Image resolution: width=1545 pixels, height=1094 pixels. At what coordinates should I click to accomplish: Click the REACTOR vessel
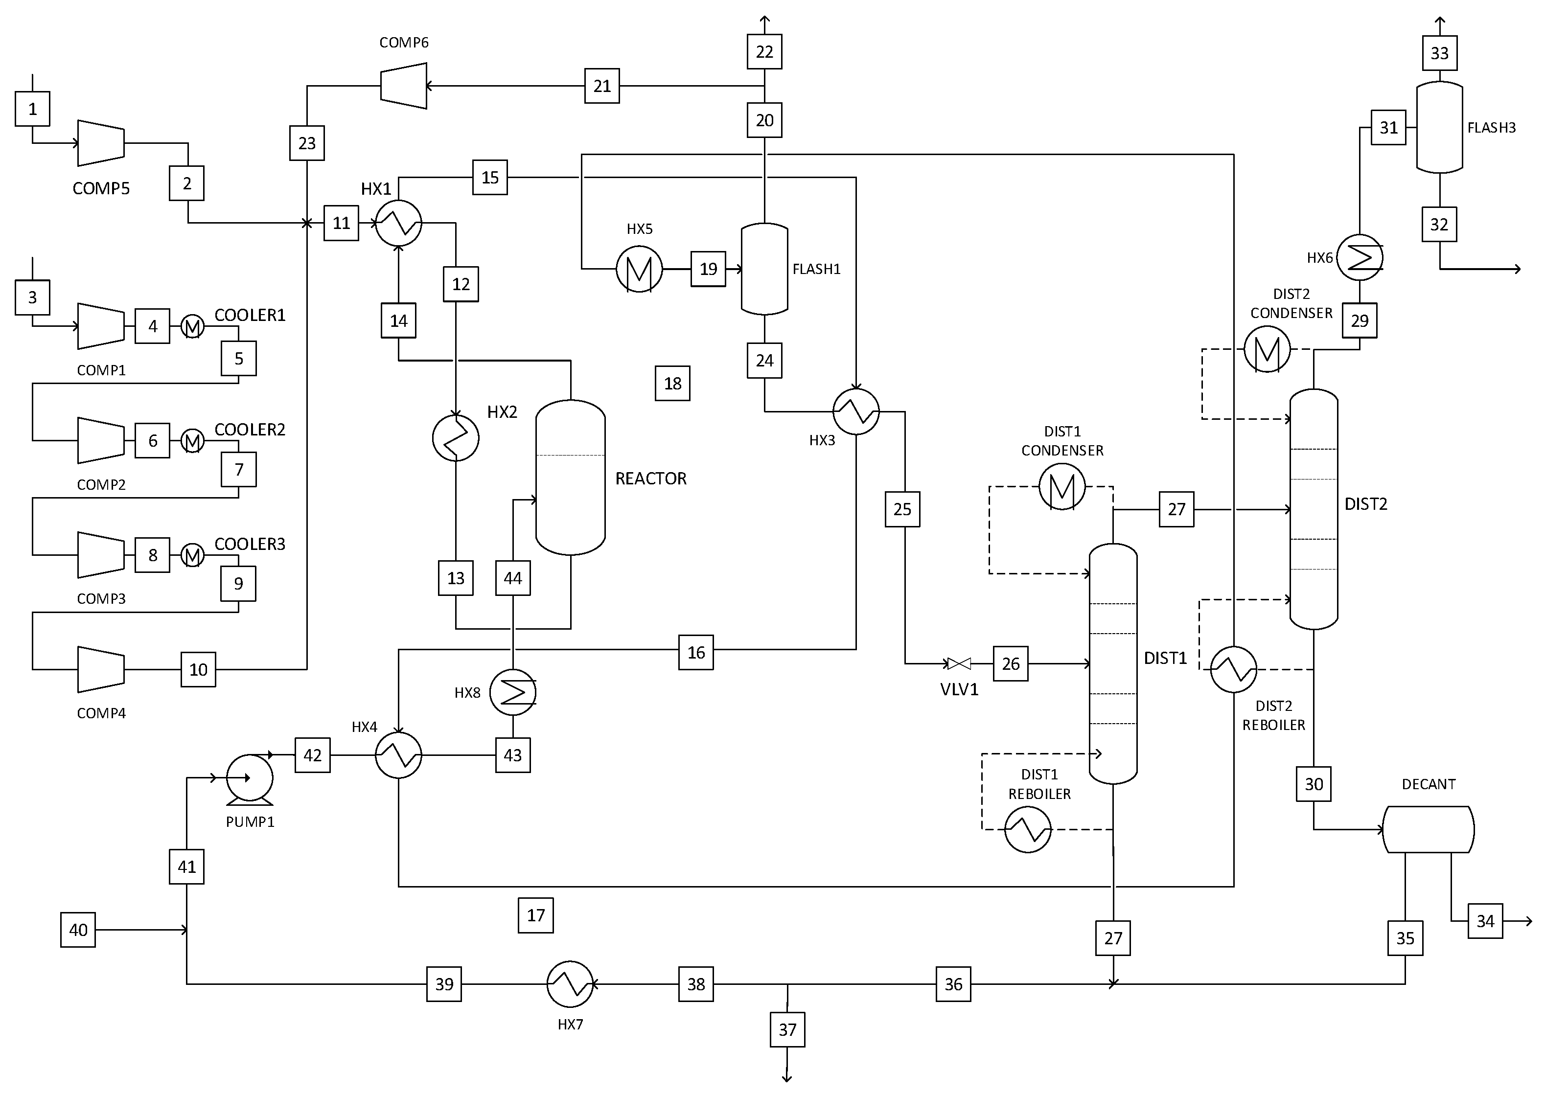pos(570,478)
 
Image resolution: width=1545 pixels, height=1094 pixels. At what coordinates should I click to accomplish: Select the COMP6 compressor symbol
pos(404,86)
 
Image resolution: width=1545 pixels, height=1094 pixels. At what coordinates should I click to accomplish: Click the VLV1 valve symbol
pos(959,664)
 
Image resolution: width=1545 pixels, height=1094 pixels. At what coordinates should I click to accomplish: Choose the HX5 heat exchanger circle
pos(639,269)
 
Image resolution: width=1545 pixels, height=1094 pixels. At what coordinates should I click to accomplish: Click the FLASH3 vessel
pos(1439,127)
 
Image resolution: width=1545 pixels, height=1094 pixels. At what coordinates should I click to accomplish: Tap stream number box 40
pos(78,930)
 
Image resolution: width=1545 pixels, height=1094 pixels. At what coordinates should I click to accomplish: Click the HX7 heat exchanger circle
pos(570,984)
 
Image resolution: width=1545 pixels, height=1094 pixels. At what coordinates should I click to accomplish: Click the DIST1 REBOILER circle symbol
pos(1028,829)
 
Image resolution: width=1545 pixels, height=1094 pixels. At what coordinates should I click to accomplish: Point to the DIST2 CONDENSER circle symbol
pos(1267,350)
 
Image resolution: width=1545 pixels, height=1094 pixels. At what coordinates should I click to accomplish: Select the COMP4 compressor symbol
pos(101,670)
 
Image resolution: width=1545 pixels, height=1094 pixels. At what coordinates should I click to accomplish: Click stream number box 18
pos(672,383)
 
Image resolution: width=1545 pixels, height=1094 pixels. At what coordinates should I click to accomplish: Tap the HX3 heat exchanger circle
pos(856,411)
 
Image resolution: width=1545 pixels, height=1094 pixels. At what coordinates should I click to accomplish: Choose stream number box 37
pos(787,1029)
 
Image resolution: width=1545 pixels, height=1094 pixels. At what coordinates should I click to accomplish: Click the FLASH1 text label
pos(816,270)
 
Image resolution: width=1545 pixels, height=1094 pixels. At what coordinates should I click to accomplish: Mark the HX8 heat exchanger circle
pos(513,692)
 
